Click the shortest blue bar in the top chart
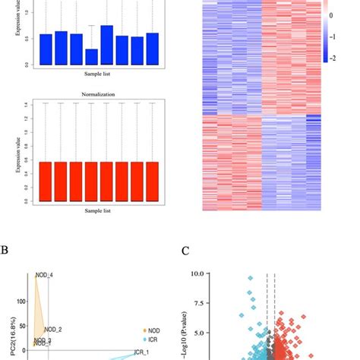[91, 57]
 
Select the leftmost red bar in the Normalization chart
[46, 182]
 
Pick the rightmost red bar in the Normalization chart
[152, 182]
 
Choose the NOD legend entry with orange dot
[150, 330]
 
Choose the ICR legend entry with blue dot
[150, 339]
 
